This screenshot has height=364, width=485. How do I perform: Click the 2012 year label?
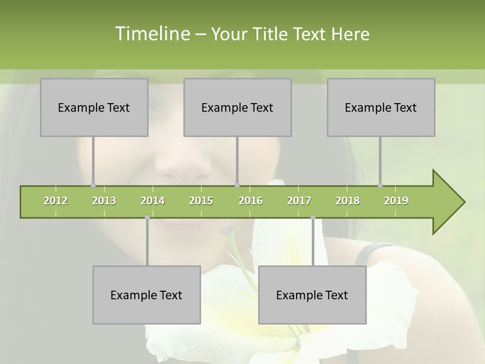(x=56, y=201)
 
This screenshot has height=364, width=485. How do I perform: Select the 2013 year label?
(x=104, y=201)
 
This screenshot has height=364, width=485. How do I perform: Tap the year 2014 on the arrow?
(x=153, y=201)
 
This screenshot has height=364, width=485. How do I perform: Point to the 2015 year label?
(x=201, y=201)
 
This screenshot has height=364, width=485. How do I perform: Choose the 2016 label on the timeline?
(x=251, y=201)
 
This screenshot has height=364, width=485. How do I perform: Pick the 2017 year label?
(x=299, y=201)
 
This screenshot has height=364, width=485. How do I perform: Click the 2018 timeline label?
(x=348, y=201)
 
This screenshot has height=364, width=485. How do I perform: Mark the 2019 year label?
(x=396, y=201)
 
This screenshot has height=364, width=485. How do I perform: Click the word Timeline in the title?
(x=152, y=34)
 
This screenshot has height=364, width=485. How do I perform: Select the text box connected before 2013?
(x=94, y=108)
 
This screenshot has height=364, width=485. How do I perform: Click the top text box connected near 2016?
(x=237, y=108)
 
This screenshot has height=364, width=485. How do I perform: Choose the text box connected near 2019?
(x=381, y=108)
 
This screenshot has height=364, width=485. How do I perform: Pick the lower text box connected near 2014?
(x=147, y=295)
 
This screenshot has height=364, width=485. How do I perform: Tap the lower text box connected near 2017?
(x=312, y=295)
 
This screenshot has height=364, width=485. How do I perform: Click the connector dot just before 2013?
(x=93, y=185)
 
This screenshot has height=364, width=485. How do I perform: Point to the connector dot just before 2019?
(x=380, y=185)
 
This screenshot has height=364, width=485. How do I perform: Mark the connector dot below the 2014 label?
(x=147, y=217)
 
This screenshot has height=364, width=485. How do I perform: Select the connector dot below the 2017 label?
(x=313, y=217)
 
